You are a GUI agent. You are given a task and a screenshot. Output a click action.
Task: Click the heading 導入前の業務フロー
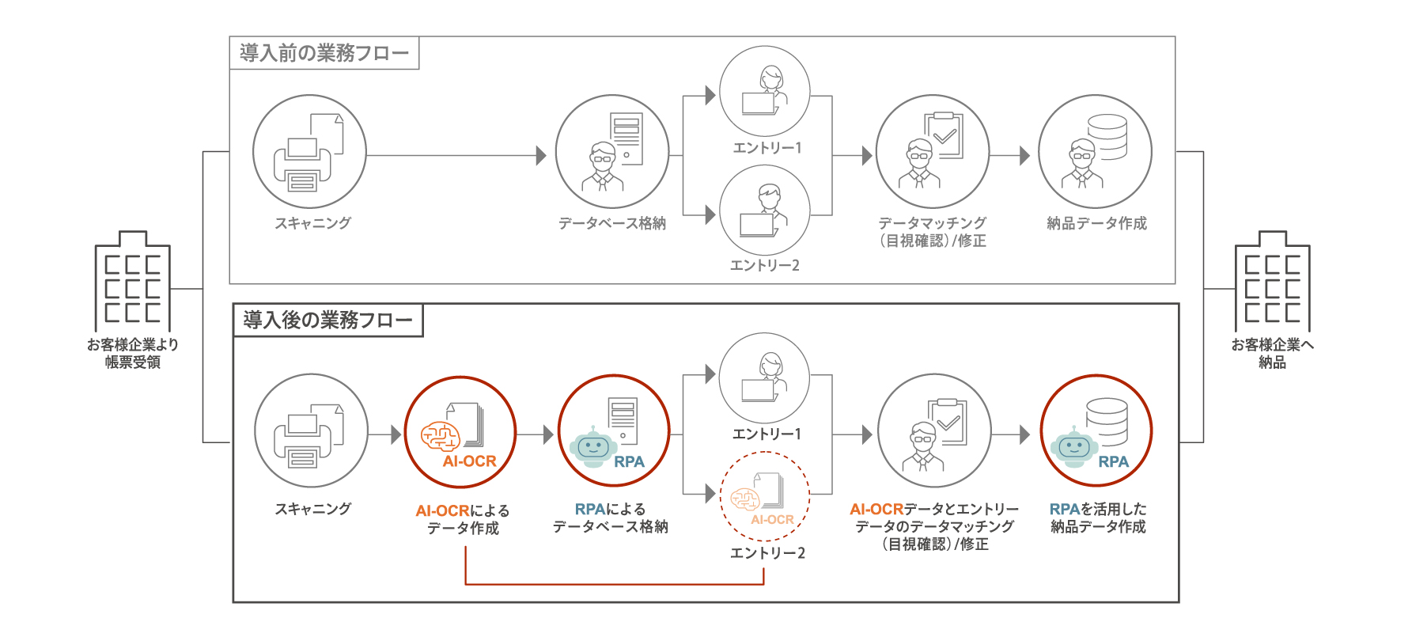(324, 53)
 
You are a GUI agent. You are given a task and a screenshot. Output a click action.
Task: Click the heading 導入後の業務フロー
(327, 320)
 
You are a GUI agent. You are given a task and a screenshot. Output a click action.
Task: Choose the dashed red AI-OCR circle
(764, 496)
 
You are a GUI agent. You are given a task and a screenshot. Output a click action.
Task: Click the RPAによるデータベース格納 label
(610, 518)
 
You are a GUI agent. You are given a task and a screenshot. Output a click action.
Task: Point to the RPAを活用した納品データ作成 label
(1097, 518)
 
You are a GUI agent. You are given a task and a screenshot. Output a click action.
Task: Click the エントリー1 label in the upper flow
(767, 148)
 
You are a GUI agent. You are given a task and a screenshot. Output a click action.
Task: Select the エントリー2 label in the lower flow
(767, 553)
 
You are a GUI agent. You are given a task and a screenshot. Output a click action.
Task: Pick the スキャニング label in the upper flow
(312, 223)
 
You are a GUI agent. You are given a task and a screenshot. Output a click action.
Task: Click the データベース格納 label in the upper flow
(611, 223)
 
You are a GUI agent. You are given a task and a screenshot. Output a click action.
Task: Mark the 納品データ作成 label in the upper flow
(1096, 223)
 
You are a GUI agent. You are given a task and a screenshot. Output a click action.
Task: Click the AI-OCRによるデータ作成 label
(463, 519)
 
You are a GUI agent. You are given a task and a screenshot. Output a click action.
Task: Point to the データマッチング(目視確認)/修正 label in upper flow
(933, 232)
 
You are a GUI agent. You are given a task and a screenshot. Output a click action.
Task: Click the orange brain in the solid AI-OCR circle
(440, 434)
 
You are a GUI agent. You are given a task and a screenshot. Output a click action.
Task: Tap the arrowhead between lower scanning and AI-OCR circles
(396, 434)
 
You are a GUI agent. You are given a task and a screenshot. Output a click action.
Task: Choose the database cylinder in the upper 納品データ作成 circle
(1107, 137)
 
